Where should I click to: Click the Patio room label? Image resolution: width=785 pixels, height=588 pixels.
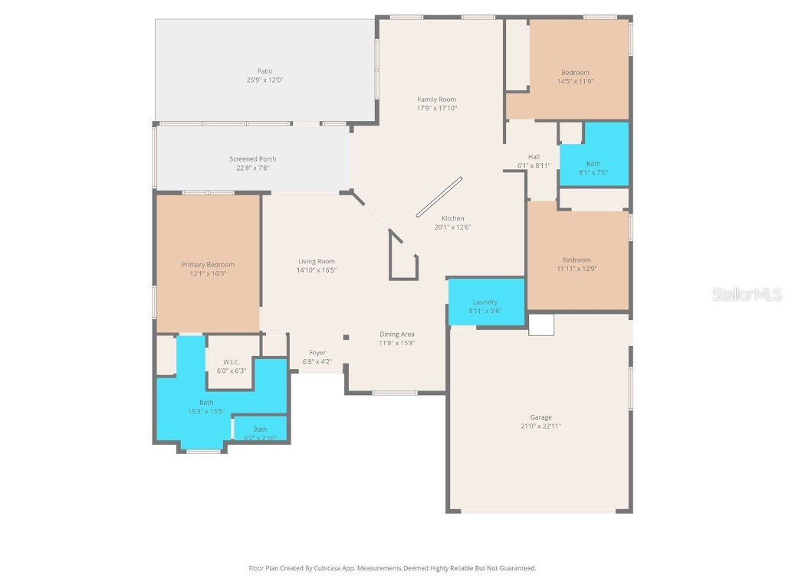[x=264, y=71]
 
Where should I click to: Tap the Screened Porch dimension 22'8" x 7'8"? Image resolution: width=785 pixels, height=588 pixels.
[x=252, y=168]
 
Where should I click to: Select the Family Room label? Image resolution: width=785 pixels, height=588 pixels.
[x=436, y=100]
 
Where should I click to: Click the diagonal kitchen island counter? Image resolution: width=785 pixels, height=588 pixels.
[x=439, y=198]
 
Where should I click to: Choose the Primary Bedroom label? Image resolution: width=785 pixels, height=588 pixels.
[x=208, y=265]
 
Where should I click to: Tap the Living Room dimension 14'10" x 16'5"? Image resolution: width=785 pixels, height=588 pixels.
[x=316, y=270]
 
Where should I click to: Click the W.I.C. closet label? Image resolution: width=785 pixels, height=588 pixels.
[x=232, y=362]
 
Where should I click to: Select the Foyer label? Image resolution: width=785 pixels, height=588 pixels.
[x=317, y=353]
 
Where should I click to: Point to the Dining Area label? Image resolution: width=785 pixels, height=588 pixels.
[x=397, y=334]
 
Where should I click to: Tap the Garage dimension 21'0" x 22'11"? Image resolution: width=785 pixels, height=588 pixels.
[x=540, y=426]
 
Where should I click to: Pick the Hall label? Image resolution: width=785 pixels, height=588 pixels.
[x=534, y=157]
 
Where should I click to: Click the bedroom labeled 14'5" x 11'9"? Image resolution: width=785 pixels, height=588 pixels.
[x=575, y=77]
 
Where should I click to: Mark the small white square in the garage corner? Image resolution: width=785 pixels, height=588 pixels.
[x=541, y=325]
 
